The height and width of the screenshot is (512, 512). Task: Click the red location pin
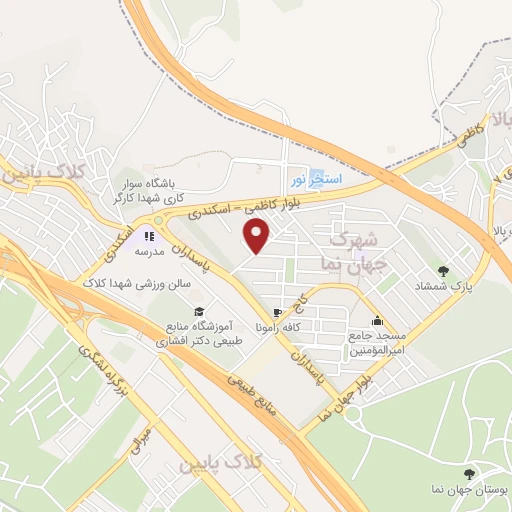[x=258, y=235]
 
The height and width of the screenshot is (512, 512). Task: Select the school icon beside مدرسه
[x=147, y=237]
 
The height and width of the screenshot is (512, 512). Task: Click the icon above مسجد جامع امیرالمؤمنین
[x=377, y=321]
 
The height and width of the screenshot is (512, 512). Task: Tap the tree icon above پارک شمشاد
[x=443, y=270]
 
